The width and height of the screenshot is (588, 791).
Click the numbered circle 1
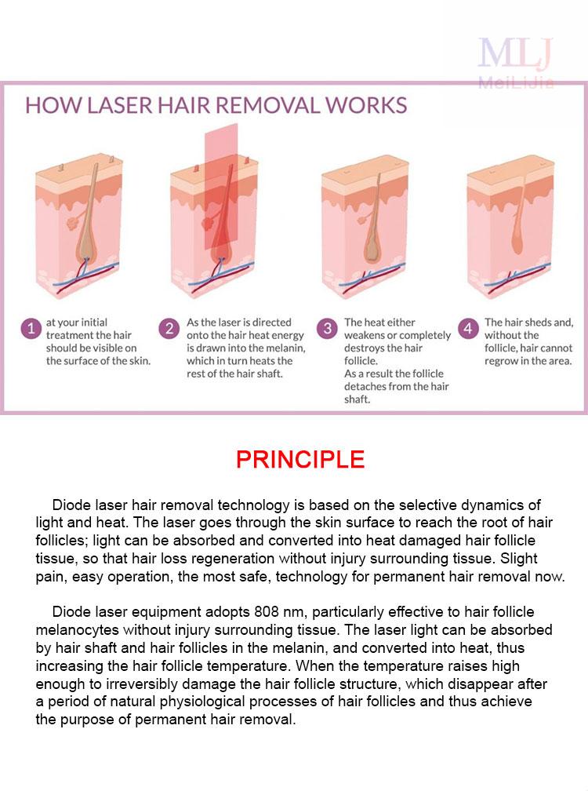tap(31, 329)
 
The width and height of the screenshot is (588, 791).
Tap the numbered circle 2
tap(169, 329)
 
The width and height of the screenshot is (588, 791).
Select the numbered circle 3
tap(327, 329)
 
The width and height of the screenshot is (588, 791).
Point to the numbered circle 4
tap(468, 329)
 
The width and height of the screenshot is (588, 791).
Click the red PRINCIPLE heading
tap(300, 460)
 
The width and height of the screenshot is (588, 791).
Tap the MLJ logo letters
tap(515, 53)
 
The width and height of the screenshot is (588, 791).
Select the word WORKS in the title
tap(366, 105)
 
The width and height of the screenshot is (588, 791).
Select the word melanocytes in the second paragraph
tap(77, 630)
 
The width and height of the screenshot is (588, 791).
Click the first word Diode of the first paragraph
tap(71, 505)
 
